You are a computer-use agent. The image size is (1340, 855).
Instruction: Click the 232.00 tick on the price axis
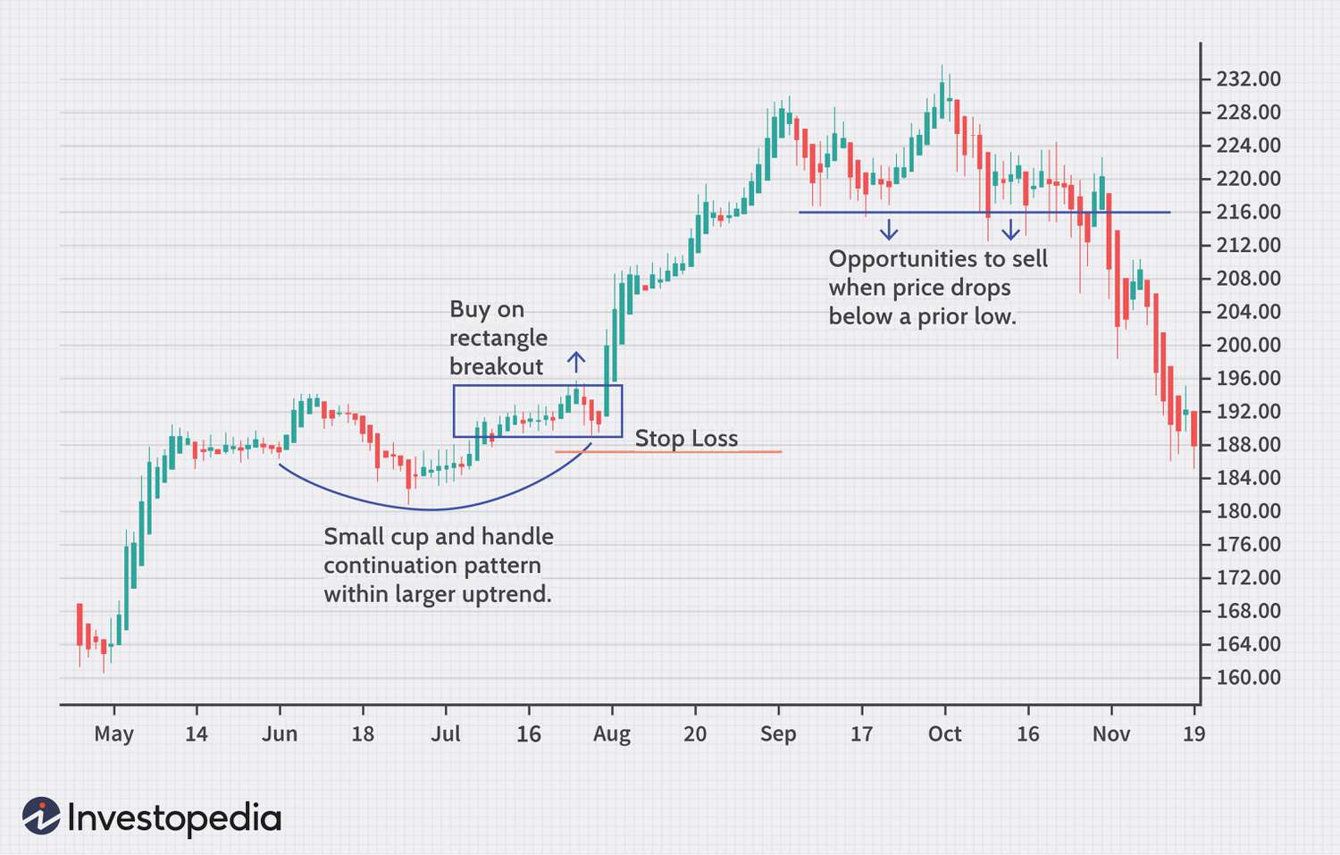1248,80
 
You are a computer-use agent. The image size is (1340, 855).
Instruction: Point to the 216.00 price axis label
1248,213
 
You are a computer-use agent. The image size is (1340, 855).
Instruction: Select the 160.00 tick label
1248,678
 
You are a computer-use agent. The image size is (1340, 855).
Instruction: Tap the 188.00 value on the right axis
1248,445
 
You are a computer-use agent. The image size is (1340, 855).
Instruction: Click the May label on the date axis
113,734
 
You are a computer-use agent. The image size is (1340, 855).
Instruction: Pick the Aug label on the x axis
612,734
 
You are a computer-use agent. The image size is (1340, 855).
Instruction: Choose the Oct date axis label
944,734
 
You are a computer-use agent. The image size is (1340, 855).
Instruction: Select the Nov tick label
1111,734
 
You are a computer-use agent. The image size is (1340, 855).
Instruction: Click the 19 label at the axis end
1193,734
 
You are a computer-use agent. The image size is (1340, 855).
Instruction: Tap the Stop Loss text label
686,439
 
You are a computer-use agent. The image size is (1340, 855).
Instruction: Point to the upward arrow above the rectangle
576,362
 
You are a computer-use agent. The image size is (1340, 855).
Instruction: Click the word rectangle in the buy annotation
498,339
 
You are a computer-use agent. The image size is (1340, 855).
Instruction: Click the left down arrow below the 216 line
889,230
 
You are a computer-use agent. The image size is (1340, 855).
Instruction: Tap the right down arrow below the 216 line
1010,230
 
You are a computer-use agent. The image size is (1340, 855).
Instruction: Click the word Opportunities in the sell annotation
902,260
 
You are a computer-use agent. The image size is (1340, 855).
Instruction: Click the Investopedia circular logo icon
41,817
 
